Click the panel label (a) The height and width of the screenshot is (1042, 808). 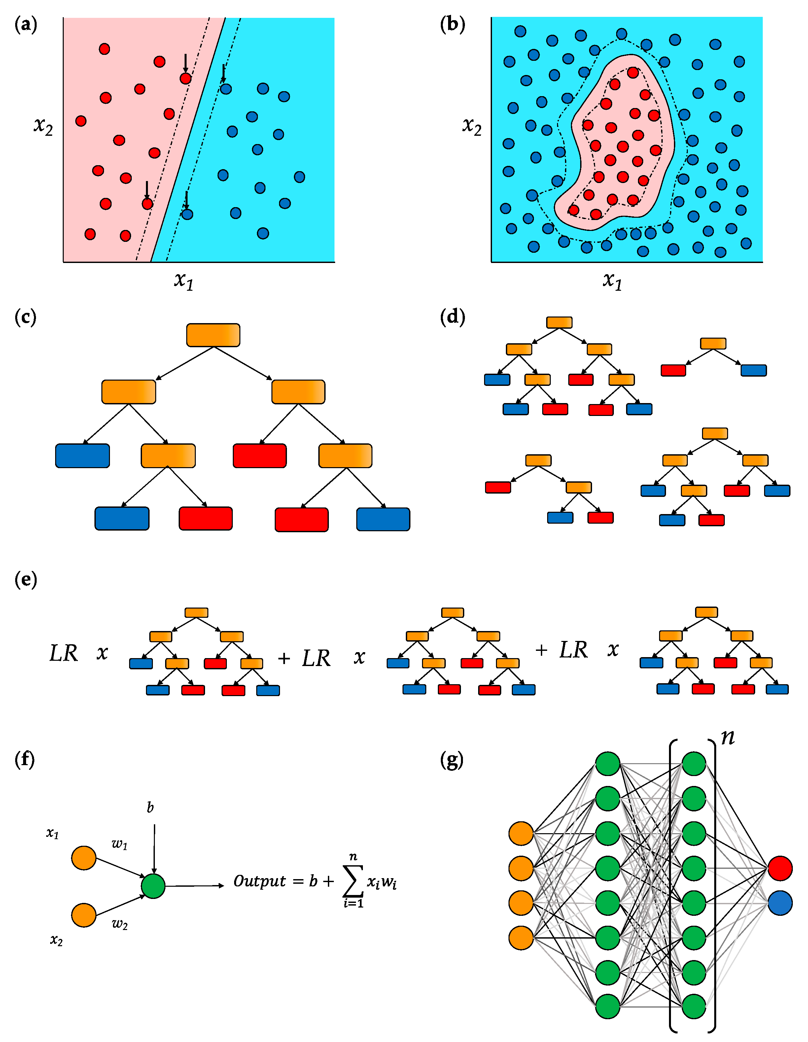(x=26, y=24)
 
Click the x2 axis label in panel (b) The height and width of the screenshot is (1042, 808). (x=471, y=126)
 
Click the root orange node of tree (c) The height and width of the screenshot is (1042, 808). (x=213, y=335)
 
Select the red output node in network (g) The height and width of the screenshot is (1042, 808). (x=780, y=868)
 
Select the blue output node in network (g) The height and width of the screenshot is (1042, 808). (x=780, y=903)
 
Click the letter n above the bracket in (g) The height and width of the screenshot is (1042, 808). (x=728, y=737)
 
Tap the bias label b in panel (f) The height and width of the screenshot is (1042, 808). (x=150, y=807)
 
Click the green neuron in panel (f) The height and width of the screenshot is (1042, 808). (x=153, y=886)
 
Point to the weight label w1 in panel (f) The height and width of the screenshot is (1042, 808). (x=119, y=844)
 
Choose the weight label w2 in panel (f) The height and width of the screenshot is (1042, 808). (x=119, y=924)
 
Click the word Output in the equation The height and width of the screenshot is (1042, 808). (x=260, y=881)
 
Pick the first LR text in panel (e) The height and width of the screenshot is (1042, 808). (x=63, y=653)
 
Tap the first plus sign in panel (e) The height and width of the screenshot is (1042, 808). (x=284, y=658)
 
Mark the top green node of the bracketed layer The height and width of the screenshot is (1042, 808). (x=693, y=764)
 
